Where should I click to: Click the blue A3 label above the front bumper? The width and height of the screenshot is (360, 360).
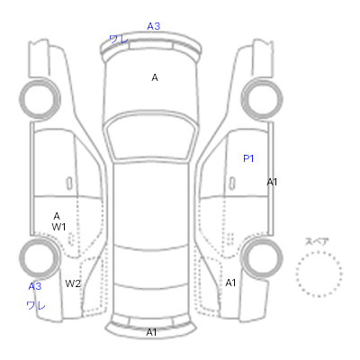click(153, 26)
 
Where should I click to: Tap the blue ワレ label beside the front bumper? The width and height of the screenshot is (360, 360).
click(119, 39)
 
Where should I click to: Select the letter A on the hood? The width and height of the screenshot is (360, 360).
click(155, 77)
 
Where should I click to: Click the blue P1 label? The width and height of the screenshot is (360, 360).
click(248, 158)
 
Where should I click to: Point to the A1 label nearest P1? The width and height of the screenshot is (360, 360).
click(272, 182)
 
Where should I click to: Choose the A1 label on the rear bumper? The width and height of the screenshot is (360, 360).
click(151, 332)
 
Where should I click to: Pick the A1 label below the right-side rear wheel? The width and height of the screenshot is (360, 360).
click(230, 283)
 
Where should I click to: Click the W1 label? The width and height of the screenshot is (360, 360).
click(58, 227)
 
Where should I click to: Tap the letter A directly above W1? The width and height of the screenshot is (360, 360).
click(57, 216)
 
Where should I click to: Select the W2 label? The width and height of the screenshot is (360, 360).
click(73, 283)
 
